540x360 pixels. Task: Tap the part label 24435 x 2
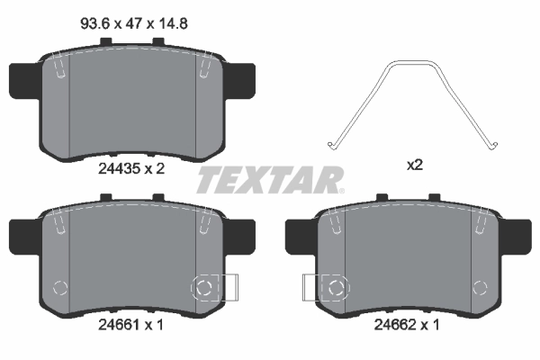click(130, 166)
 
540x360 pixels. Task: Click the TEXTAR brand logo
click(269, 179)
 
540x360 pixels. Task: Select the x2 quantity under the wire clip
click(415, 166)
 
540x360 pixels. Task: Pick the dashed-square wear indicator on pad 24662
click(335, 288)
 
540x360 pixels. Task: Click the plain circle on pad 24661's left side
click(60, 288)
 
